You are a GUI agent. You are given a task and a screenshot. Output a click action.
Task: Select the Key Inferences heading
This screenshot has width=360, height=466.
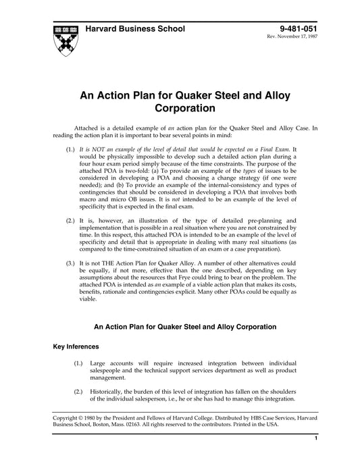78,346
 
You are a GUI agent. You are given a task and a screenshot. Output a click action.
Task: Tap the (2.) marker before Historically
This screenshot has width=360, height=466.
80,392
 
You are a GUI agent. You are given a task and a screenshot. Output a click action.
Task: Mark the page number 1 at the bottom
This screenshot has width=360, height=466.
315,457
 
